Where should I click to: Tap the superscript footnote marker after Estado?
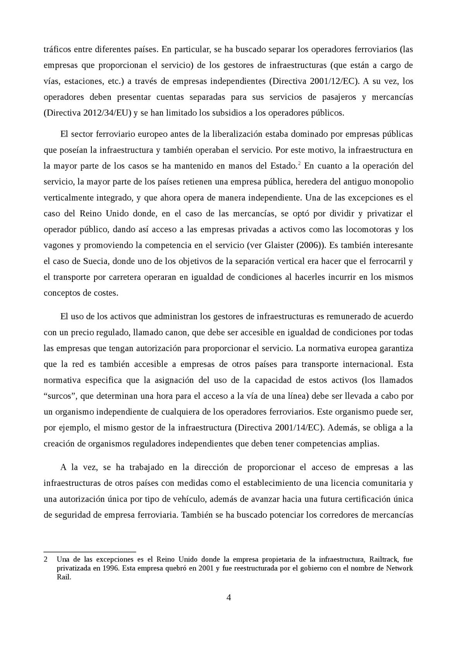299,164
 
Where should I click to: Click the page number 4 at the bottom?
228,598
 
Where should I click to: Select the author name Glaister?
280,245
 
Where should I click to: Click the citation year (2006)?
309,245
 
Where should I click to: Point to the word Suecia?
96,261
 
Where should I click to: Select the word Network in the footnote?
399,568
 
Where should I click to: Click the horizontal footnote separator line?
90,552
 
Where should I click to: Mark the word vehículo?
192,499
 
